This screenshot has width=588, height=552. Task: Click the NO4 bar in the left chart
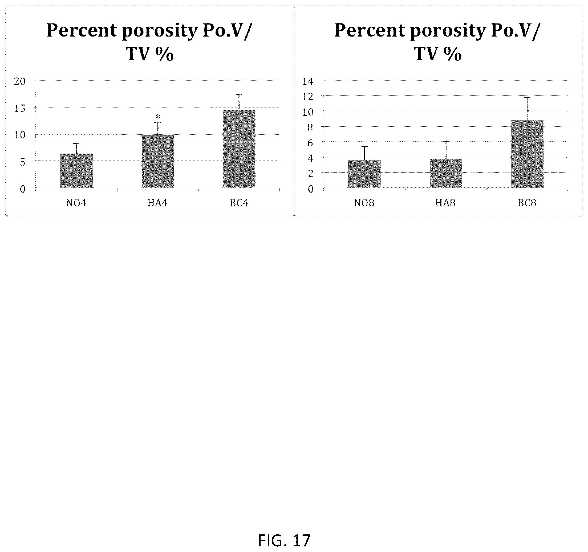[x=76, y=170]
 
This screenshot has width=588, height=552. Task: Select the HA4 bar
[x=158, y=162]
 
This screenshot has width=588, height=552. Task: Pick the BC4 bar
[x=239, y=149]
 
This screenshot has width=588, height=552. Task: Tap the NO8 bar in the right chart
[x=364, y=174]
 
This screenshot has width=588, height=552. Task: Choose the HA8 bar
[x=446, y=173]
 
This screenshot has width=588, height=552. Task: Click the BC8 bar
[x=527, y=154]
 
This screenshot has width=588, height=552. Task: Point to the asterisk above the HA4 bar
[x=158, y=117]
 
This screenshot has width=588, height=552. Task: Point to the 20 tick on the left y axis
[x=20, y=81]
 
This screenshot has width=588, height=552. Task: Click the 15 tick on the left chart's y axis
[x=20, y=108]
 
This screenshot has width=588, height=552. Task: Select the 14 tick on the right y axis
[x=308, y=81]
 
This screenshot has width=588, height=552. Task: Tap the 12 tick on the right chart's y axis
[x=308, y=97]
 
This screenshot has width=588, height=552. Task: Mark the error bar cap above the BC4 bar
[x=239, y=94]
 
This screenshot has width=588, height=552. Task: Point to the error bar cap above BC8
[x=527, y=98]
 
